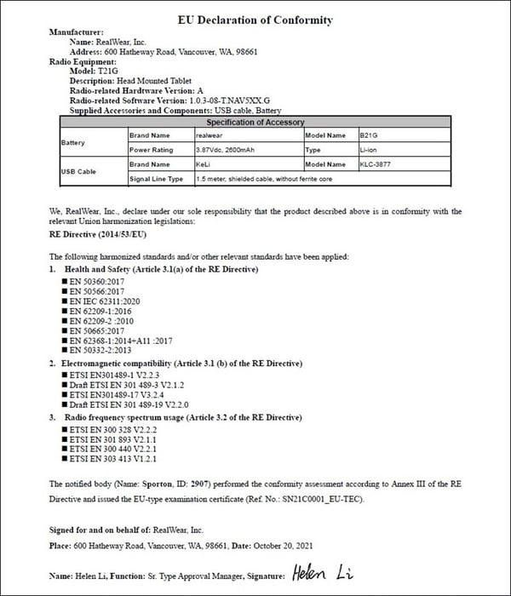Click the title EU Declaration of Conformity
[x=255, y=20]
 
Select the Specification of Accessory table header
[x=261, y=123]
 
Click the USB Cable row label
[x=78, y=172]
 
